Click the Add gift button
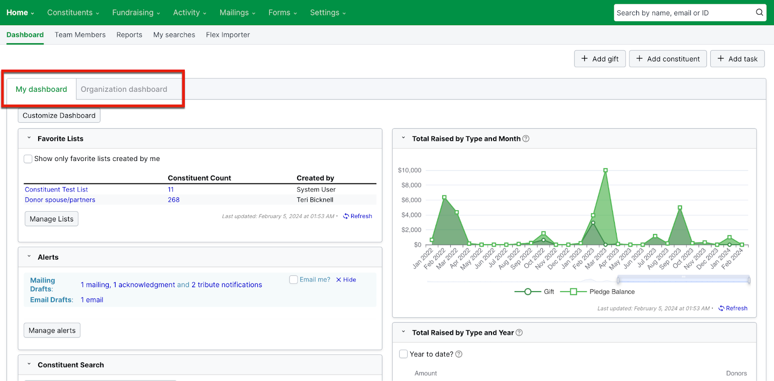pos(600,59)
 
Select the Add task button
pos(737,59)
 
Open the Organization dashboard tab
pos(124,89)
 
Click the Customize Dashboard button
pos(59,116)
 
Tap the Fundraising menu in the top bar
pos(135,13)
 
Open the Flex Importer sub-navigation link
pos(228,35)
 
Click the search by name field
pos(685,13)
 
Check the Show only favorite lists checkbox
pos(28,159)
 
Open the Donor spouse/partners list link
pos(60,200)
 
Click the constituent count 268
pos(174,200)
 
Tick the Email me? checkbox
pos(293,279)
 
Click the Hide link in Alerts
pos(346,280)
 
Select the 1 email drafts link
pos(92,300)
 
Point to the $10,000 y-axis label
pos(409,170)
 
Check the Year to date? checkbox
pos(403,354)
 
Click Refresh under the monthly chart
pos(733,308)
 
